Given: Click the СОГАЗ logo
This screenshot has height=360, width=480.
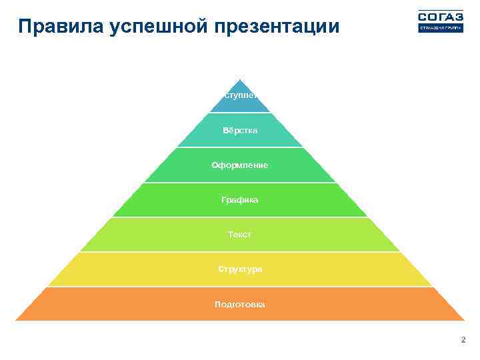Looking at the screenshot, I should pos(440,17).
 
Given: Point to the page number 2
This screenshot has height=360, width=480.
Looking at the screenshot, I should pos(463,340).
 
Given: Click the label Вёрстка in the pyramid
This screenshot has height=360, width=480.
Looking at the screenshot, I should pos(240,130).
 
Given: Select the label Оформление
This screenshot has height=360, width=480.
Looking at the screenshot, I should pos(240,165).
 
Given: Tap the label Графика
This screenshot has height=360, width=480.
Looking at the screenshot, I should pos(240,199).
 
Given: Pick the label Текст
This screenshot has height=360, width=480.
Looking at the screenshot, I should pos(240,235).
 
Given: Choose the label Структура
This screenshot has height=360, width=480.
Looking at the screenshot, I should pos(240,269).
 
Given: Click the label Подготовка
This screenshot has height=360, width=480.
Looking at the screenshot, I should pos(240,305).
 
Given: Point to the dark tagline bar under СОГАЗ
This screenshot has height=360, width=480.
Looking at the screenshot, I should pos(440,29).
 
